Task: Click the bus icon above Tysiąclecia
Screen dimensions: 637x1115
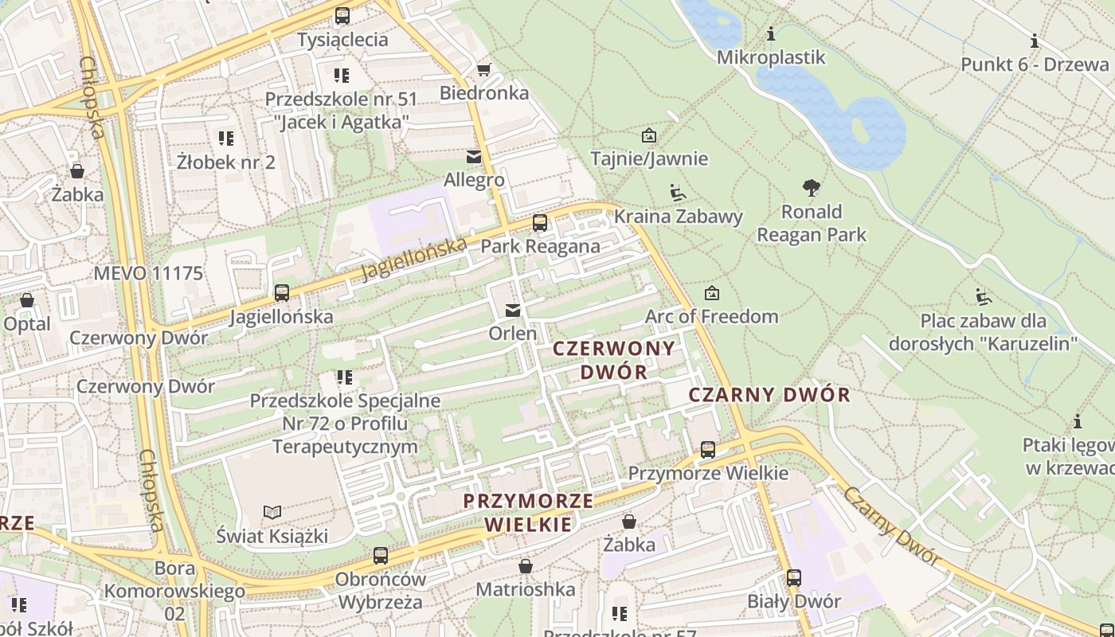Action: tap(342, 15)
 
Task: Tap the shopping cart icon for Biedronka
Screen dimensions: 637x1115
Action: tap(483, 69)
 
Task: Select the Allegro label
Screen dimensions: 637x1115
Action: tap(474, 181)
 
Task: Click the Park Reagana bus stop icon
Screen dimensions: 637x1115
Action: tap(540, 223)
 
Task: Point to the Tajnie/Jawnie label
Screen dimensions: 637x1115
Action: tap(649, 158)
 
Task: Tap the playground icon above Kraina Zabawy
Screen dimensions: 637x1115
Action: tap(678, 193)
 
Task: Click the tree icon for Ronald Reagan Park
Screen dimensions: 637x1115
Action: tap(812, 189)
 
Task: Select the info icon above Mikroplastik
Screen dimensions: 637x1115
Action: tap(770, 34)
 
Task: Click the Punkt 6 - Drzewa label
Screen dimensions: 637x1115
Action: tap(1035, 64)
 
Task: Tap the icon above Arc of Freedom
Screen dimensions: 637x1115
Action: tap(712, 293)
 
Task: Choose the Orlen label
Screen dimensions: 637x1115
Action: tap(513, 333)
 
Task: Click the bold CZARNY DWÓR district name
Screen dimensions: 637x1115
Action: tap(769, 395)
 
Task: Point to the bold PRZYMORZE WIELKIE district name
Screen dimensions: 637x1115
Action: tap(529, 513)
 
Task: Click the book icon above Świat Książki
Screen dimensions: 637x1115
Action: tap(272, 512)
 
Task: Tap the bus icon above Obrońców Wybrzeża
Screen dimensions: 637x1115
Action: tap(381, 556)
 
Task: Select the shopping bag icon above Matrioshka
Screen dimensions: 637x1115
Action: tap(526, 566)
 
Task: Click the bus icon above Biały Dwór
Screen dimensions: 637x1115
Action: tap(794, 578)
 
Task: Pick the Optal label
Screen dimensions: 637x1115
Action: tap(27, 325)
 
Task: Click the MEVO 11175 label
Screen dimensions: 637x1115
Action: tap(148, 274)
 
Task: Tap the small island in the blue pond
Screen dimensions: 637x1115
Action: tap(860, 128)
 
